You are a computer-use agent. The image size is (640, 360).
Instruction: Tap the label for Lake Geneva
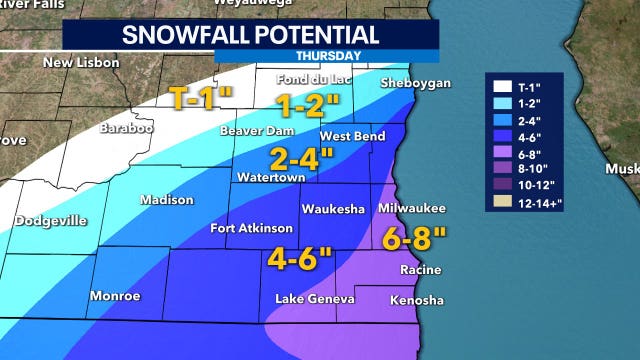tap(315, 299)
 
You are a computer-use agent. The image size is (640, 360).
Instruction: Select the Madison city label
tap(166, 200)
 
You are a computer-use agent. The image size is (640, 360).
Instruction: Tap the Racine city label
tap(420, 270)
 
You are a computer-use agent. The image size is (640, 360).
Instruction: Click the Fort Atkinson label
tap(251, 228)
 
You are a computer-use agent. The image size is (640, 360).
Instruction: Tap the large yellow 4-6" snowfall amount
tap(299, 258)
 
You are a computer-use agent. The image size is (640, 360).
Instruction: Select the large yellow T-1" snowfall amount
tap(202, 99)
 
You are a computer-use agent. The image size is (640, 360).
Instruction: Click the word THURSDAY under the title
tap(329, 56)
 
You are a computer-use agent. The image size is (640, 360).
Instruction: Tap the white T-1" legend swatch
tap(499, 85)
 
